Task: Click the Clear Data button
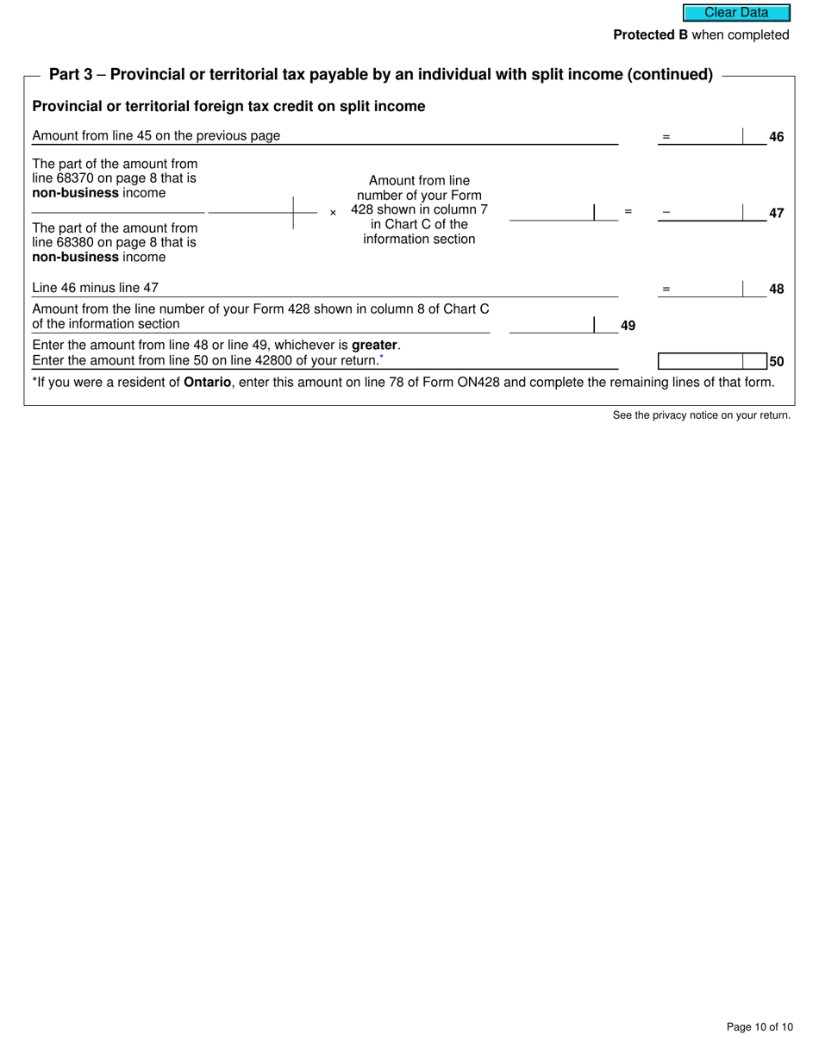736,13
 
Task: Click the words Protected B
650,35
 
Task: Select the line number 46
776,137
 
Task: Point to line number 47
776,213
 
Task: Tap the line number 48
776,290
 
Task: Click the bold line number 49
628,326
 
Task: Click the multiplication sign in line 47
333,213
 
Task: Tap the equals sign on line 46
666,137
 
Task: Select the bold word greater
374,345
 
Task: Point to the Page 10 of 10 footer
759,1027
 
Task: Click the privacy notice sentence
701,415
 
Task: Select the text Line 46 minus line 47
95,288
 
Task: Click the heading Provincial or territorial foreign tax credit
228,107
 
